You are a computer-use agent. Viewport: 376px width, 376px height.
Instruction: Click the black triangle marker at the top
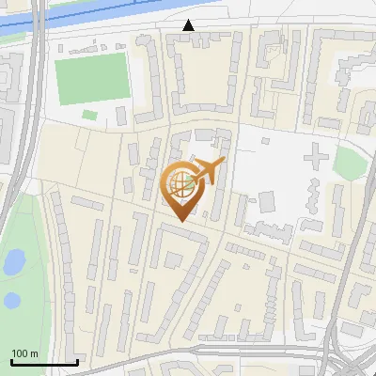pos(189,25)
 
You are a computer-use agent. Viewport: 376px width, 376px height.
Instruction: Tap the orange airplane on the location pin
pos(209,171)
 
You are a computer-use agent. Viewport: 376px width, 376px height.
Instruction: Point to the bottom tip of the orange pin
pos(181,219)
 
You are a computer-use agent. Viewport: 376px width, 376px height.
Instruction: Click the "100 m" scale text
pos(24,353)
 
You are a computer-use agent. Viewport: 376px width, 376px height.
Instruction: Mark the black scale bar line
pos(43,362)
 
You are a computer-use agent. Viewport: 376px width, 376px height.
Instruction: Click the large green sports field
pos(91,78)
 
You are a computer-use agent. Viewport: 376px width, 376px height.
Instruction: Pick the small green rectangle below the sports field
pos(90,115)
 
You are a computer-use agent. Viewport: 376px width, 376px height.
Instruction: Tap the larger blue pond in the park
pos(14,262)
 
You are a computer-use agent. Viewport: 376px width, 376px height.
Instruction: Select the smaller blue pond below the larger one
pos(11,301)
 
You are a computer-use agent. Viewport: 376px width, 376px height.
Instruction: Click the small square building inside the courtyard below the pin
pos(173,258)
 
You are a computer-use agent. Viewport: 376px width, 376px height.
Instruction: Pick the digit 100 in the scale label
pos(20,353)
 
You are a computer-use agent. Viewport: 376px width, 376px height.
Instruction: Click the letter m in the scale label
pos(34,353)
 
